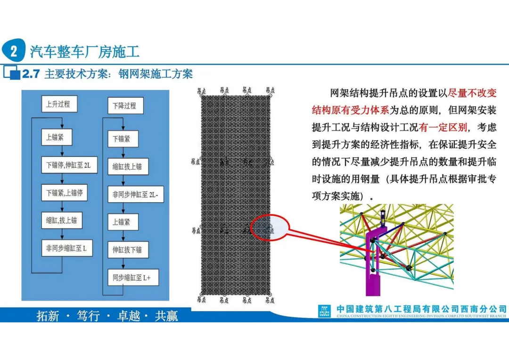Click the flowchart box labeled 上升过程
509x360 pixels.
click(x=58, y=104)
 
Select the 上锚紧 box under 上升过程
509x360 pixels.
click(x=58, y=138)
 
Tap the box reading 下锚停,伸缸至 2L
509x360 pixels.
click(x=69, y=165)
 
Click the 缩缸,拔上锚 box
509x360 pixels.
click(x=62, y=220)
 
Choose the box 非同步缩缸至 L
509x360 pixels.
click(x=70, y=248)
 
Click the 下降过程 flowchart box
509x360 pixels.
click(x=125, y=106)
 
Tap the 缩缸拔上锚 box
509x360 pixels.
click(x=128, y=166)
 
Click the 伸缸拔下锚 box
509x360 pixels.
click(x=128, y=249)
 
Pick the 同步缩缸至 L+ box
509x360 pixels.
click(x=132, y=277)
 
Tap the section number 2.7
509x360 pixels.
click(x=31, y=74)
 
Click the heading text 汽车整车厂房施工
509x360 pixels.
click(x=85, y=51)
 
